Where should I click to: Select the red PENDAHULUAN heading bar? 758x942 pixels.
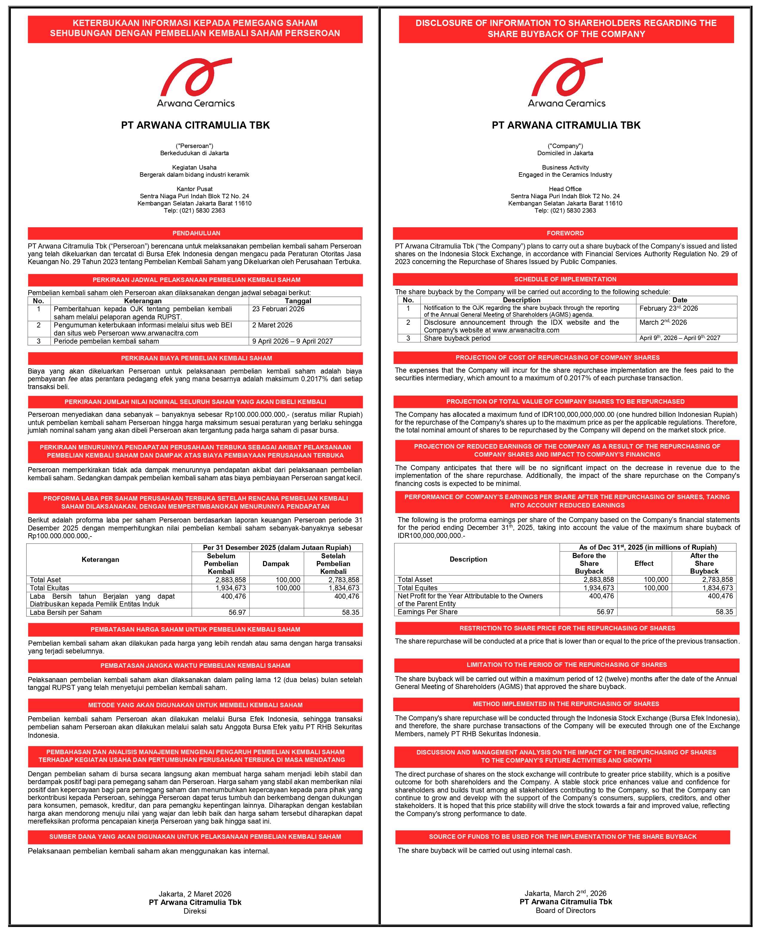point(195,233)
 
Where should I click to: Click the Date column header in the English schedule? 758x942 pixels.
point(679,300)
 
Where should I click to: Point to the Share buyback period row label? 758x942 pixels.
point(457,339)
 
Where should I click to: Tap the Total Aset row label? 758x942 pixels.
point(45,580)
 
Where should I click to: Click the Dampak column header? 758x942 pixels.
point(276,564)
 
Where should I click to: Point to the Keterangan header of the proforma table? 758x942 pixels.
point(100,560)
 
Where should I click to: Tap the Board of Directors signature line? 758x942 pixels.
point(565,911)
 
